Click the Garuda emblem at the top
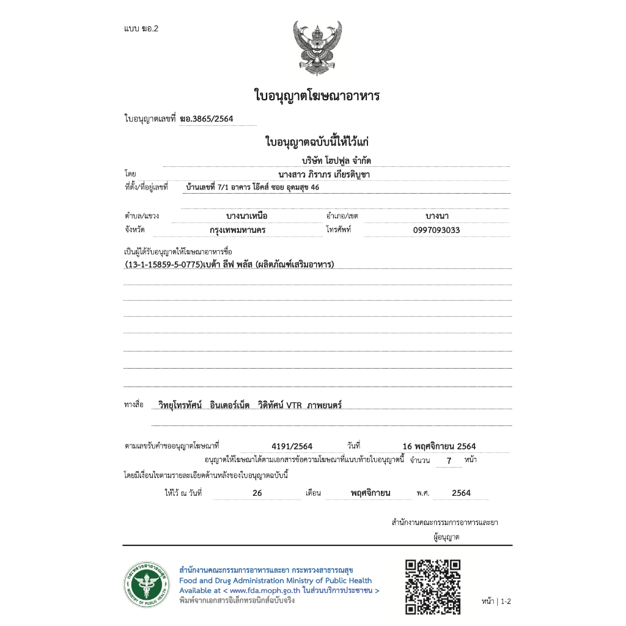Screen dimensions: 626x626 [317, 48]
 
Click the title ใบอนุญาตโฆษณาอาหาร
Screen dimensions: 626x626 [317, 96]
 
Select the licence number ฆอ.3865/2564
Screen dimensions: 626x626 [206, 119]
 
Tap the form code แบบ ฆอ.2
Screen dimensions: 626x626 [141, 29]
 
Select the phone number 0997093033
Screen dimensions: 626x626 [436, 230]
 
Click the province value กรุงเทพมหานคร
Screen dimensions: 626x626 [237, 230]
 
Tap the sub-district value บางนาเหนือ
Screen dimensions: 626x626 [247, 216]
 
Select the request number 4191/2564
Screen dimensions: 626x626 [292, 446]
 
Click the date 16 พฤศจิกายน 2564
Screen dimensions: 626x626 [439, 446]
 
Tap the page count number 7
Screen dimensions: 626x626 [449, 460]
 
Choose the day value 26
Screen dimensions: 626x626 [257, 493]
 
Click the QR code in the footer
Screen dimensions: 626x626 [433, 586]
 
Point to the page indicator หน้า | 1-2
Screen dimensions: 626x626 [495, 602]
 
